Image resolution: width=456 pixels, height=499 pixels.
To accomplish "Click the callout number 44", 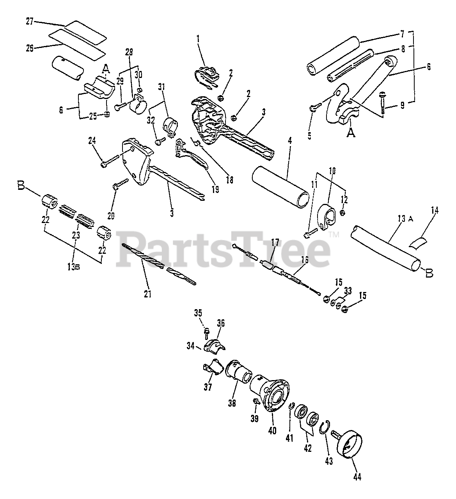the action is pos(357,476).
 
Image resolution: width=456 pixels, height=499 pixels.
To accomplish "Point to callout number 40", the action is pos(272,430).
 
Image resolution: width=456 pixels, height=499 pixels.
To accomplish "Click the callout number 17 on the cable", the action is pos(275,242).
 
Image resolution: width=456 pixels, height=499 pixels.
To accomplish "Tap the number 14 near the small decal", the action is pos(435,211).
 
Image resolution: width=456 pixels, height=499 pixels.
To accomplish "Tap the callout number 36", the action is pos(221,323).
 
